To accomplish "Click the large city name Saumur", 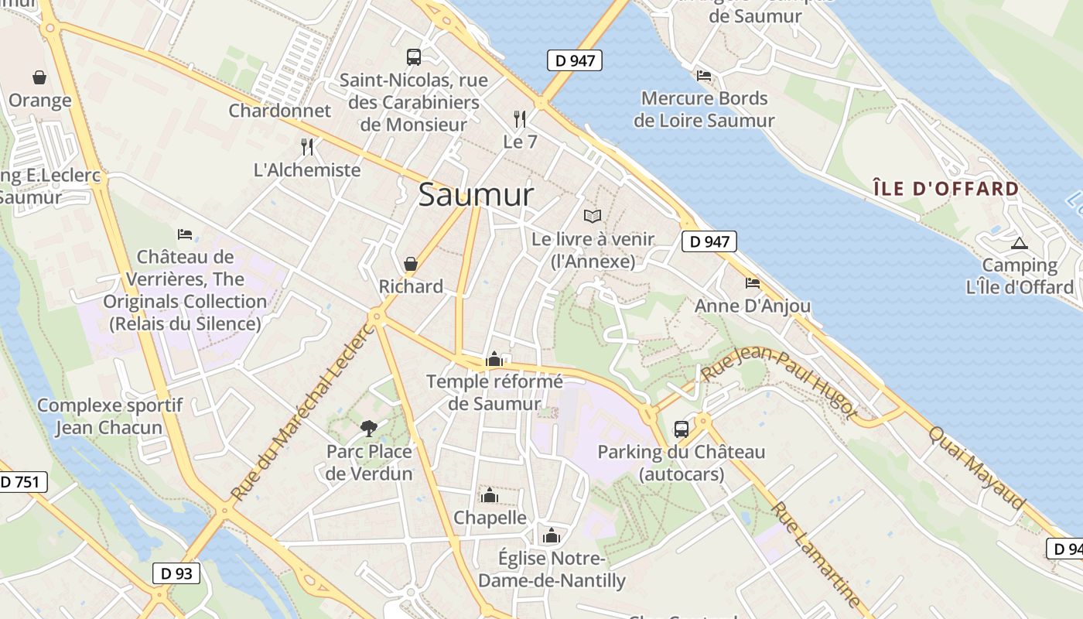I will click(x=476, y=195).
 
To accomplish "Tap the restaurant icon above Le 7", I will click(x=520, y=119).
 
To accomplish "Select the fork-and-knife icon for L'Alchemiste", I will click(x=307, y=147).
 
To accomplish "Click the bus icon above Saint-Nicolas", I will click(x=414, y=56).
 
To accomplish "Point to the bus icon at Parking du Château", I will click(x=682, y=429).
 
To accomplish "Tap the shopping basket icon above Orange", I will click(x=39, y=77).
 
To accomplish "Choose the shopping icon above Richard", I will click(x=411, y=264).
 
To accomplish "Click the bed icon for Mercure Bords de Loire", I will click(x=704, y=76).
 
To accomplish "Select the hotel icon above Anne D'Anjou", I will click(x=753, y=283).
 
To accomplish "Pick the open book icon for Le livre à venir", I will click(x=593, y=217).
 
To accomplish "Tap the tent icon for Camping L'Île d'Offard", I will click(x=1020, y=243).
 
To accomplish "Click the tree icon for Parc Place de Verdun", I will click(x=369, y=428).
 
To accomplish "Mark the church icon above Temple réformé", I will click(x=494, y=359).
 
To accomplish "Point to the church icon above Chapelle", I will click(x=489, y=495).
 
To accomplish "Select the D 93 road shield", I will click(x=176, y=573).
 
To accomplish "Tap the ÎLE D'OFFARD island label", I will click(x=946, y=189).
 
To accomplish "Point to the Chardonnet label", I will click(x=279, y=111).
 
